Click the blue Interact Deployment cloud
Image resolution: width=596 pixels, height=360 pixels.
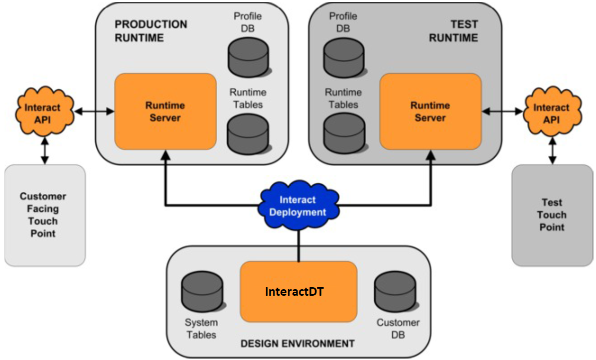[298, 206]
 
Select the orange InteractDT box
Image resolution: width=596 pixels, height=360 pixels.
[299, 292]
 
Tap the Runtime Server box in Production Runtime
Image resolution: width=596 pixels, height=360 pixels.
[166, 111]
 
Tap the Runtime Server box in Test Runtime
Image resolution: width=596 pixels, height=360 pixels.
[430, 111]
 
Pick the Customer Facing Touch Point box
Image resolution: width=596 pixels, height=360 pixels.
[45, 215]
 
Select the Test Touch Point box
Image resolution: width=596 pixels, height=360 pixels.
[552, 215]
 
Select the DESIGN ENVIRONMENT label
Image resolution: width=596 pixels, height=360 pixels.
[298, 344]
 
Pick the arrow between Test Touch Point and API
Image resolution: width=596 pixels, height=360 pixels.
[552, 151]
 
